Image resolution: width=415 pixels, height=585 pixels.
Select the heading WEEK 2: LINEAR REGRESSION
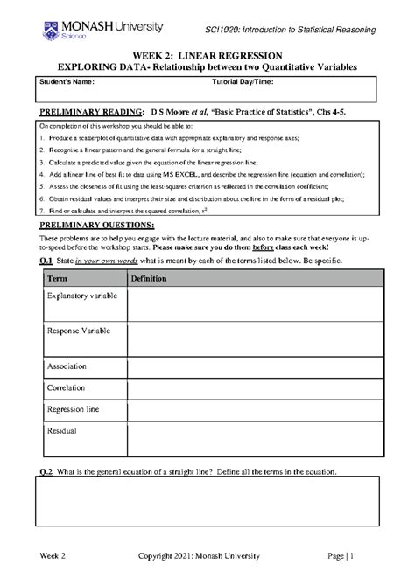click(x=207, y=54)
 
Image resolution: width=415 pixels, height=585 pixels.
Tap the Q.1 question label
click(x=45, y=262)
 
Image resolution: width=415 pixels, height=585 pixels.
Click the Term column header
click(x=57, y=277)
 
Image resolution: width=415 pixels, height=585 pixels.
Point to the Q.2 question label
click(x=45, y=472)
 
